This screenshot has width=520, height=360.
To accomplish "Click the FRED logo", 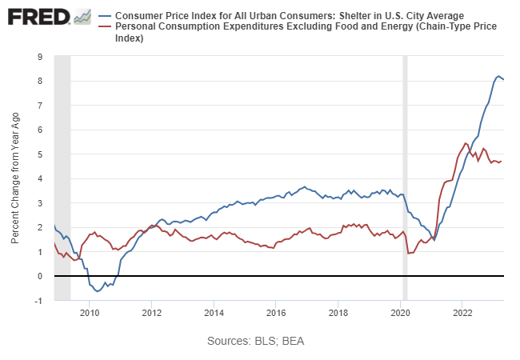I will (38, 17).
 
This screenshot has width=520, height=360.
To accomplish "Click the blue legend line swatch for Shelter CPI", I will (105, 16).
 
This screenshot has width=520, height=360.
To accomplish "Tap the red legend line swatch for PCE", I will (105, 27).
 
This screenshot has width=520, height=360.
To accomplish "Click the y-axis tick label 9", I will (40, 57).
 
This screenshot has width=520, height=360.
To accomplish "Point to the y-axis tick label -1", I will (38, 301).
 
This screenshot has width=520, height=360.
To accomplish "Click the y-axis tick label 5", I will (40, 154).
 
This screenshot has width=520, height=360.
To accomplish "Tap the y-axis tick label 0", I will (40, 276).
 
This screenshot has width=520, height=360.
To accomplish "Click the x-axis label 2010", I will (89, 312).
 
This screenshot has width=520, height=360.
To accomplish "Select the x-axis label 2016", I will (276, 312).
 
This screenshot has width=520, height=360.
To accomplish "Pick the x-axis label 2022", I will (462, 312).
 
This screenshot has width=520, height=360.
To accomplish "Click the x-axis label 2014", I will (214, 312).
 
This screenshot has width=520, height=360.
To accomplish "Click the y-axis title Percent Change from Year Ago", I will (16, 178).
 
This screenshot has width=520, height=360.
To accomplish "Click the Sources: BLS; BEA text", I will (255, 341).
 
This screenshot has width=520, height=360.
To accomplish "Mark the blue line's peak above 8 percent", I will (498, 76).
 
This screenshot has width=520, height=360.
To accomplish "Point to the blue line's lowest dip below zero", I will (98, 291).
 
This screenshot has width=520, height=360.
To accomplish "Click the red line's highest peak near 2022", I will (466, 143).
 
